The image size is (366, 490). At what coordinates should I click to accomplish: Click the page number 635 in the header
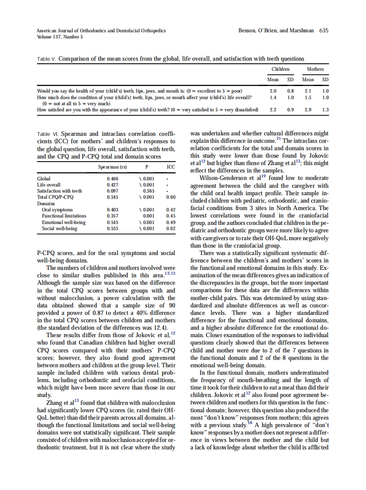point(324,31)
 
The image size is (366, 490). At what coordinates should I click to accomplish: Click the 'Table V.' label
point(47,59)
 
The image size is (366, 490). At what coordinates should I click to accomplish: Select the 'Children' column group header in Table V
point(280,69)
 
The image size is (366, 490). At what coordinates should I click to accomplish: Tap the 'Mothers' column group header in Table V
point(315,69)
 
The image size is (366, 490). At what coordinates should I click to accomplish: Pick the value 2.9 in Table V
point(308,110)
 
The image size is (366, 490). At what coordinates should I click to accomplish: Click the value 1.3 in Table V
point(325,110)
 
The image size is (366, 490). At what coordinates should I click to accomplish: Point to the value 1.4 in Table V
point(273,97)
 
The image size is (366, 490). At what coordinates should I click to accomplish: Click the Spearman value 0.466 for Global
point(112,179)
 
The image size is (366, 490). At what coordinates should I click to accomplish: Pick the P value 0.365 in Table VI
point(149,191)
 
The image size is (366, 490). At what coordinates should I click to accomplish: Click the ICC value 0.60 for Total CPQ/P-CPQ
point(171,197)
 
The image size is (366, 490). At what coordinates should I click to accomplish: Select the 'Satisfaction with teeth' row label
point(59,191)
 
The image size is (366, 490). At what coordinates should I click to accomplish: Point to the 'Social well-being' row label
point(59,228)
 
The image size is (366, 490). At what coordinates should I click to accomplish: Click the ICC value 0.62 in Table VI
point(171,228)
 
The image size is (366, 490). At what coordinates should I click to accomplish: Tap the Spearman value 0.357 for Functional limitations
point(112,216)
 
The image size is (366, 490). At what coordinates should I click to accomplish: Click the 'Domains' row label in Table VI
point(46,204)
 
